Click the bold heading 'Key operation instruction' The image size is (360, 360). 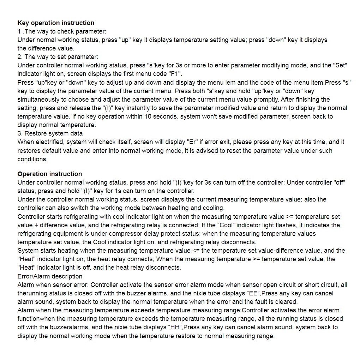[56, 23]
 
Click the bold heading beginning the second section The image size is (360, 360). [49, 174]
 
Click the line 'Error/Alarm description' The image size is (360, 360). [50, 276]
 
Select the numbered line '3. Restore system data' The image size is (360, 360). [50, 134]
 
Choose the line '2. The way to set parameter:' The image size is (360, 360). [58, 57]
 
